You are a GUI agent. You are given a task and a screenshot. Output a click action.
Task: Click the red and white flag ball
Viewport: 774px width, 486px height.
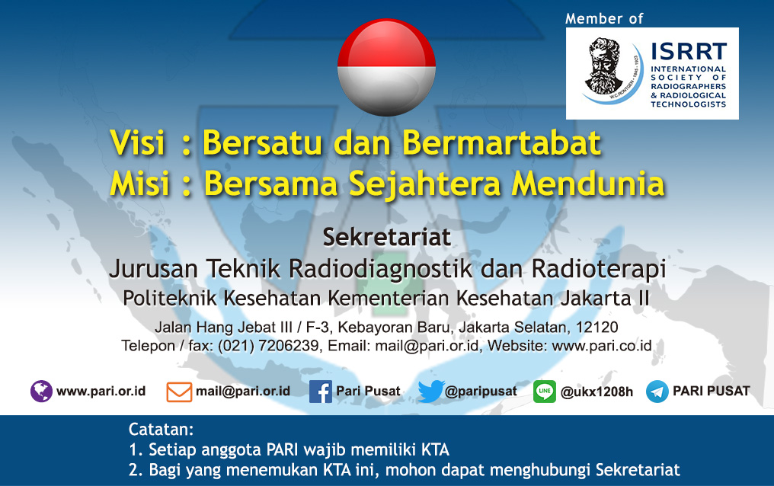pyautogui.click(x=386, y=67)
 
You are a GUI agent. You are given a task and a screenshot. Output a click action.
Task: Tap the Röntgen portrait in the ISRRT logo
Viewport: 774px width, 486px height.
pyautogui.click(x=603, y=66)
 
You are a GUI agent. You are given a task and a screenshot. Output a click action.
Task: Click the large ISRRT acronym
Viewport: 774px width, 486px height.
pyautogui.click(x=689, y=51)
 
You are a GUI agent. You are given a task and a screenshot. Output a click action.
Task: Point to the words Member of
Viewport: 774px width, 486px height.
pyautogui.click(x=604, y=19)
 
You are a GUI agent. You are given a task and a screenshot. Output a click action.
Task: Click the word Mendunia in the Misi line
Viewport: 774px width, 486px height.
pyautogui.click(x=588, y=184)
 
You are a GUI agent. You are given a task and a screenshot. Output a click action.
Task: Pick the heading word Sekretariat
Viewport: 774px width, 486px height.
pyautogui.click(x=386, y=238)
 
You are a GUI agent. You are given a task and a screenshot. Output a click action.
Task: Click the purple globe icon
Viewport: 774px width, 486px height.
pyautogui.click(x=41, y=392)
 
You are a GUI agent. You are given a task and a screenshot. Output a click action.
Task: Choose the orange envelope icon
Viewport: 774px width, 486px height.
pyautogui.click(x=179, y=392)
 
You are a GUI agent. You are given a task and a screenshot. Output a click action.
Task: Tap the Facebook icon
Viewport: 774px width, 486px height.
pyautogui.click(x=321, y=392)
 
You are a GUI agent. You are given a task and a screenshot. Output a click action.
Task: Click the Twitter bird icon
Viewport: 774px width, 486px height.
pyautogui.click(x=431, y=392)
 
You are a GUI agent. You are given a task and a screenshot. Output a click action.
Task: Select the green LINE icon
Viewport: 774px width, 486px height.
pyautogui.click(x=545, y=392)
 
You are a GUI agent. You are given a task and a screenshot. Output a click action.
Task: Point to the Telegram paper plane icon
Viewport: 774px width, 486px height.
pyautogui.click(x=657, y=392)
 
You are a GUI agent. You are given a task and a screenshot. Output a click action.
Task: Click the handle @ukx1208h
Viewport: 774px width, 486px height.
pyautogui.click(x=596, y=392)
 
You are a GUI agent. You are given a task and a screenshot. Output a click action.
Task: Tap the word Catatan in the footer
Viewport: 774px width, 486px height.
pyautogui.click(x=161, y=430)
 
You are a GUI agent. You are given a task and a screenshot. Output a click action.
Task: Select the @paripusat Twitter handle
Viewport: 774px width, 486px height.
pyautogui.click(x=481, y=392)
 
